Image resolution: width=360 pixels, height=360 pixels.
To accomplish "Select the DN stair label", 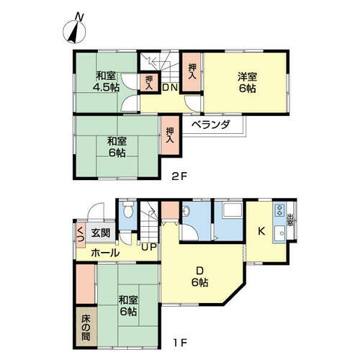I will [169, 89].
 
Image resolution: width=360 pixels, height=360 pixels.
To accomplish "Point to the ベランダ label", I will [211, 125].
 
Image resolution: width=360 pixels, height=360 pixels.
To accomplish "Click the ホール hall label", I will [105, 253].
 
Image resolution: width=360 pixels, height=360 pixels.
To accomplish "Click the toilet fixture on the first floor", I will [127, 212].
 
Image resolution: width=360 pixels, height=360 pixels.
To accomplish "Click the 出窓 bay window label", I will [291, 220].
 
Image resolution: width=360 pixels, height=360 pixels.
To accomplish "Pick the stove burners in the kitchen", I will [278, 212].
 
